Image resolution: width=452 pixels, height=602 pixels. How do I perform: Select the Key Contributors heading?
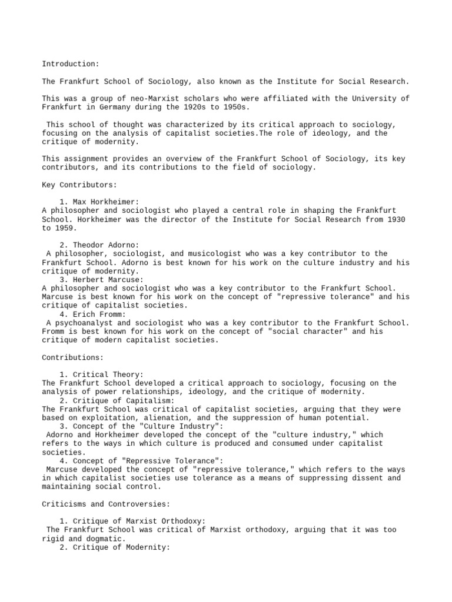pos(79,185)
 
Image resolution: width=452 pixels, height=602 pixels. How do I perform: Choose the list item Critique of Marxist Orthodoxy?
pos(133,521)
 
